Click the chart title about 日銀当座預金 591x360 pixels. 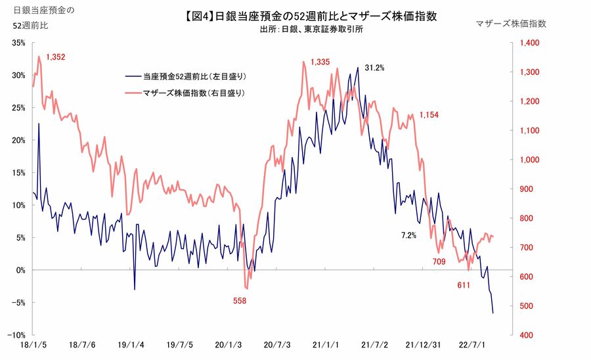pos(307,15)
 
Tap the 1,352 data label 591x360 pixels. pos(56,57)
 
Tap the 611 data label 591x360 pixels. pos(464,285)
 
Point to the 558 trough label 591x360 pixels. pos(242,300)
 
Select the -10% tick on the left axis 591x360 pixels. pos(14,335)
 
